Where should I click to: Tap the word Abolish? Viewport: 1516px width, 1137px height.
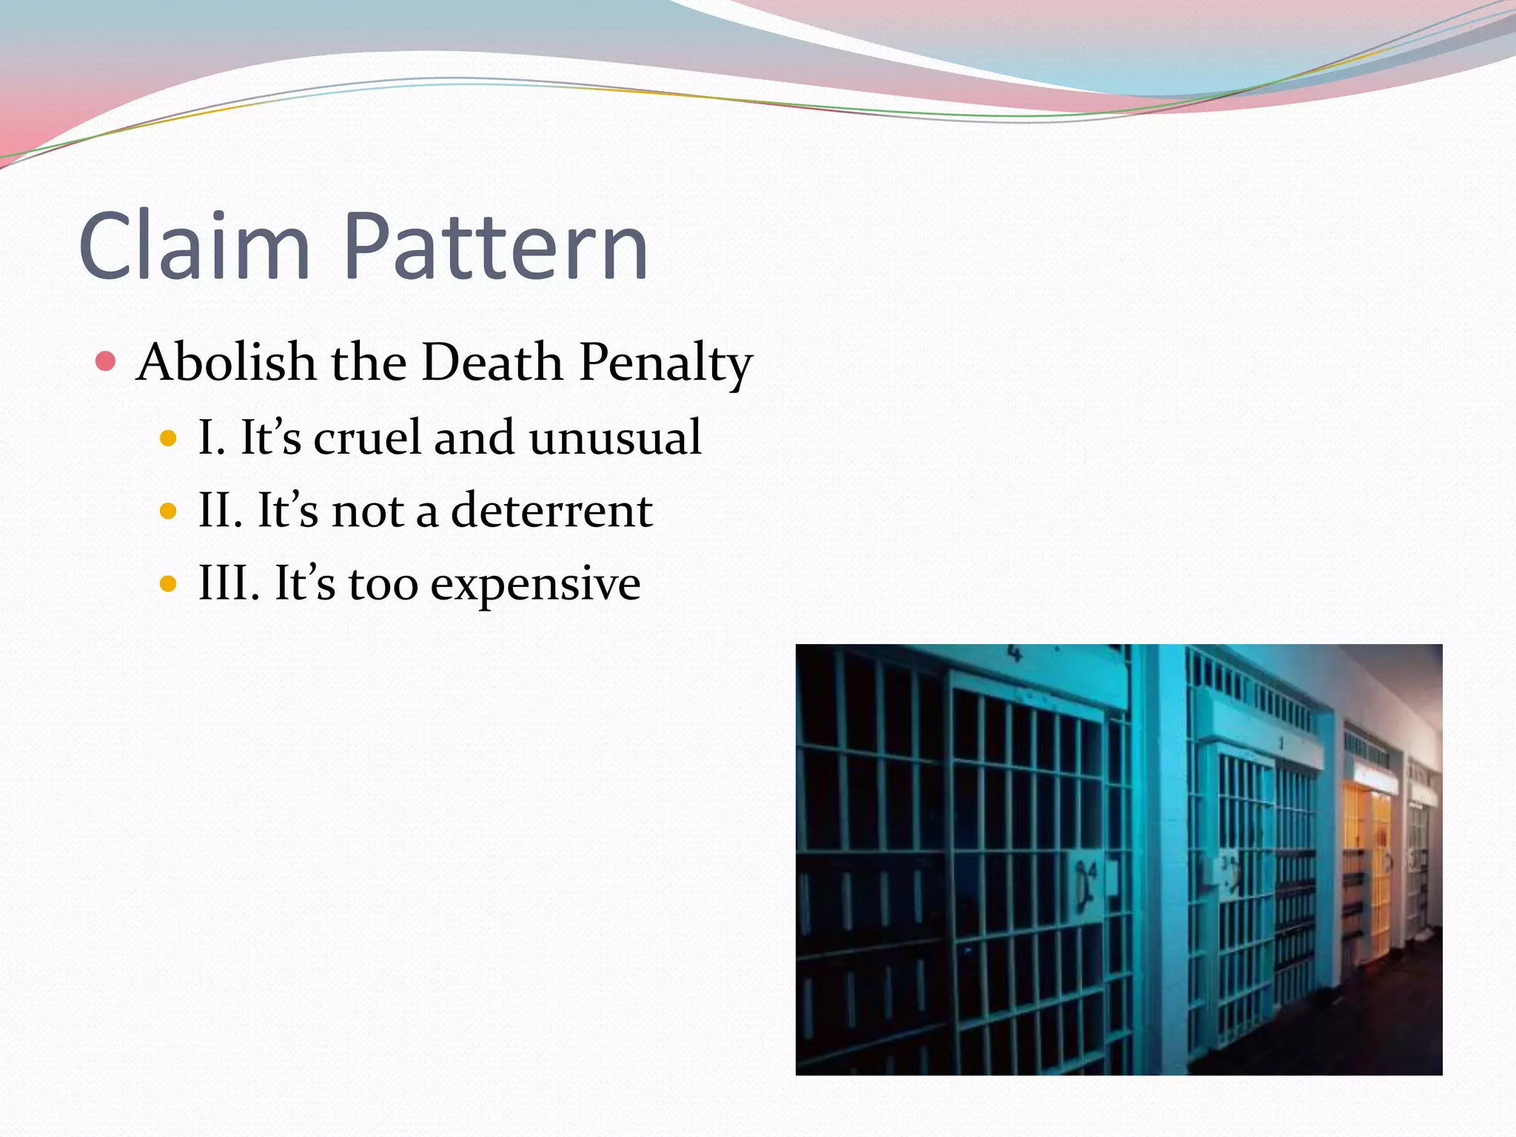click(227, 362)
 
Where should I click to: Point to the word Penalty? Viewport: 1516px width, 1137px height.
click(665, 363)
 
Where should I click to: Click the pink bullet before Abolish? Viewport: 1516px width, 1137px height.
click(106, 362)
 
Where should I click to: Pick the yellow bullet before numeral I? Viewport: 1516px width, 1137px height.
click(169, 438)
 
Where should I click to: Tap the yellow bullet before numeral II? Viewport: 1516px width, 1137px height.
click(169, 511)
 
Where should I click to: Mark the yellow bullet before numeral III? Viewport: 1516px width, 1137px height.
click(169, 584)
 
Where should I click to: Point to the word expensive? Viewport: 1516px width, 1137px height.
click(535, 585)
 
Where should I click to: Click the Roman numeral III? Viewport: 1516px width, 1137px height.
click(229, 583)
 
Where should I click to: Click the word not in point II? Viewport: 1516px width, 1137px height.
click(367, 511)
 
